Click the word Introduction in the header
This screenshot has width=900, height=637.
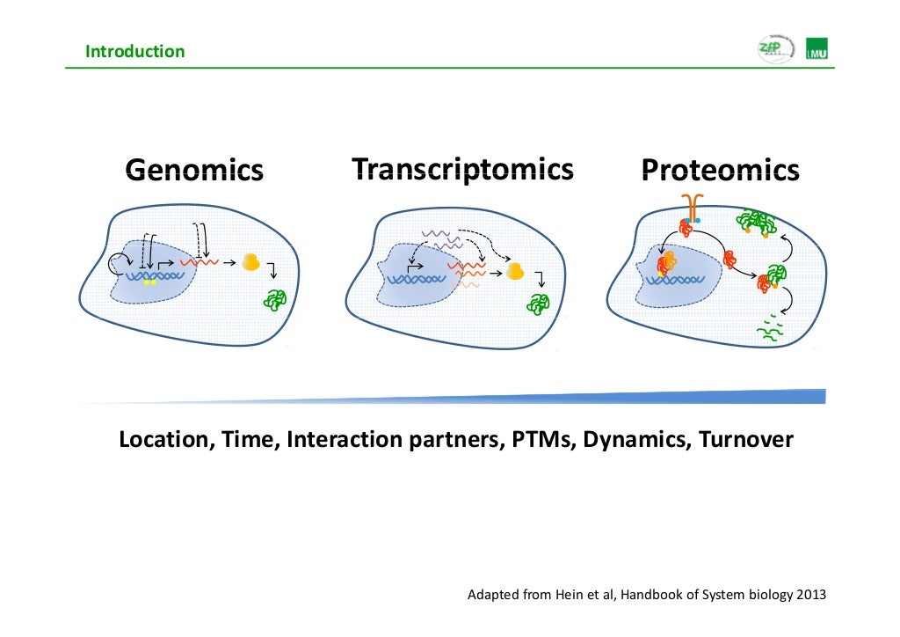point(134,51)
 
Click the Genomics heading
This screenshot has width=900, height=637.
point(193,170)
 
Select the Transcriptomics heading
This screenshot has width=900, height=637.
point(462,168)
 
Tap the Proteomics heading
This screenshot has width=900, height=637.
point(720,170)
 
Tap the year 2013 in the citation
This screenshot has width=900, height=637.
point(810,595)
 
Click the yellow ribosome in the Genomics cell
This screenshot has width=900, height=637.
point(251,261)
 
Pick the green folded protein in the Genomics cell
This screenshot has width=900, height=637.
point(275,299)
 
